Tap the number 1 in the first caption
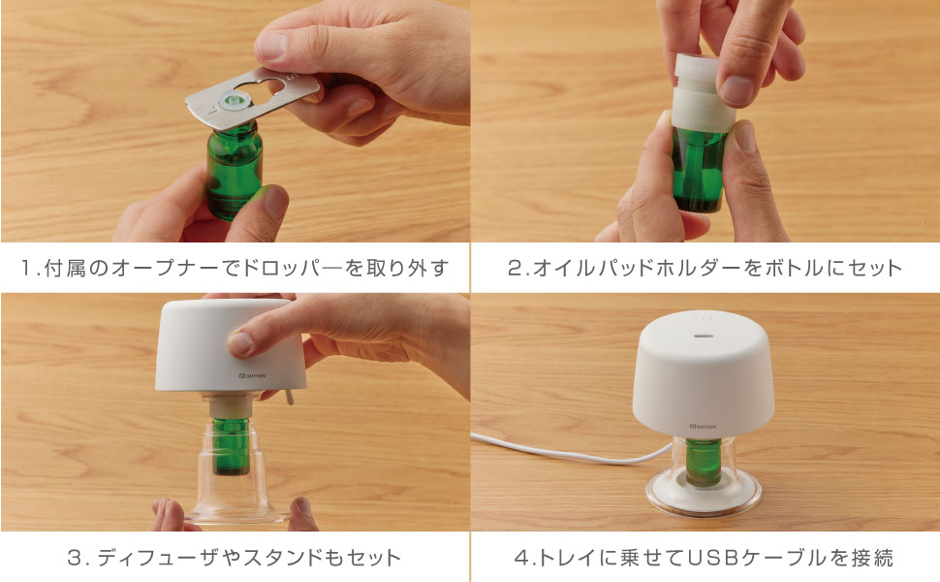tap(29, 268)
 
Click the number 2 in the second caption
tap(516, 268)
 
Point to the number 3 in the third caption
tap(74, 558)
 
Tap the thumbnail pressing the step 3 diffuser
tap(238, 342)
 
